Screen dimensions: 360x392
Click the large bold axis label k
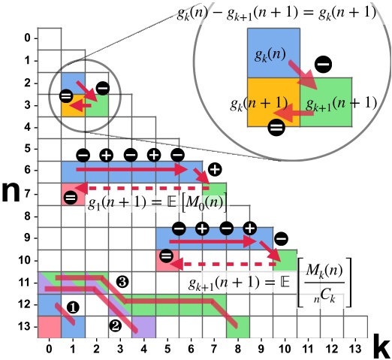(380, 347)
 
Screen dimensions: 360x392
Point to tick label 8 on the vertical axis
(26, 216)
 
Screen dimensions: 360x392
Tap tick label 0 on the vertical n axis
(26, 38)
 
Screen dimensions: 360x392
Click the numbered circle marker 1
(73, 307)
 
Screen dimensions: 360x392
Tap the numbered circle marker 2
(115, 325)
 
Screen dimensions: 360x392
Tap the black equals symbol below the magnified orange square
(276, 128)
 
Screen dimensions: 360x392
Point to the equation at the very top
(289, 14)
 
